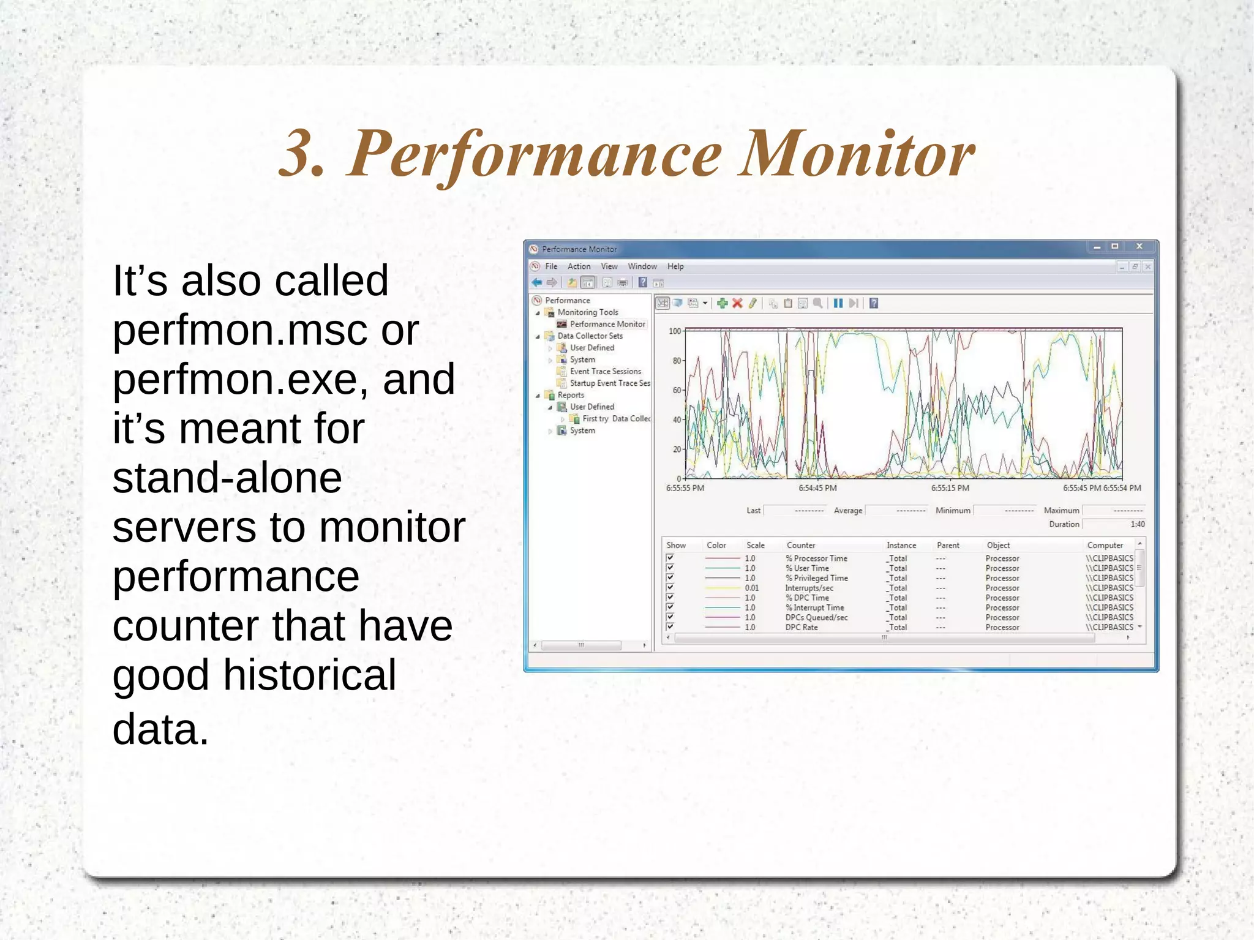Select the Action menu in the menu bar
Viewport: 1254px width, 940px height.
click(x=579, y=266)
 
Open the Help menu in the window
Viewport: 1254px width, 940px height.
click(x=675, y=266)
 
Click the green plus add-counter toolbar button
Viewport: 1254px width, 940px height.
click(x=722, y=303)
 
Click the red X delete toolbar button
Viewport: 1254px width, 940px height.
click(x=737, y=303)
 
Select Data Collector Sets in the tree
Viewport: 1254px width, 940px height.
click(x=590, y=336)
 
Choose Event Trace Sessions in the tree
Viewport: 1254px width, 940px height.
click(x=605, y=371)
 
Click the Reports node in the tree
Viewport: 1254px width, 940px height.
click(x=571, y=395)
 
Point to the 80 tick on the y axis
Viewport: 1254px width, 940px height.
click(x=677, y=361)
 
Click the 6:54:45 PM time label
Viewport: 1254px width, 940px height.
click(x=817, y=488)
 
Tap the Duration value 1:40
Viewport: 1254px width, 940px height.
click(x=1137, y=524)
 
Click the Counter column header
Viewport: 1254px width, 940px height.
click(x=801, y=545)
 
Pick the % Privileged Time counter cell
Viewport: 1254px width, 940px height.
click(x=817, y=578)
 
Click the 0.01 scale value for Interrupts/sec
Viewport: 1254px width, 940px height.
click(x=751, y=588)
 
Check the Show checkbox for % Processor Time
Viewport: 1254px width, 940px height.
click(x=670, y=558)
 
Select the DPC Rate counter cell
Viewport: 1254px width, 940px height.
click(x=802, y=627)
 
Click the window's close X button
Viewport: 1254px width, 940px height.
click(x=1139, y=246)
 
